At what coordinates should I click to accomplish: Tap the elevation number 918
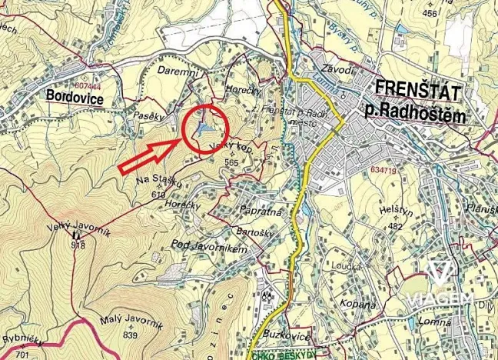click(77, 245)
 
